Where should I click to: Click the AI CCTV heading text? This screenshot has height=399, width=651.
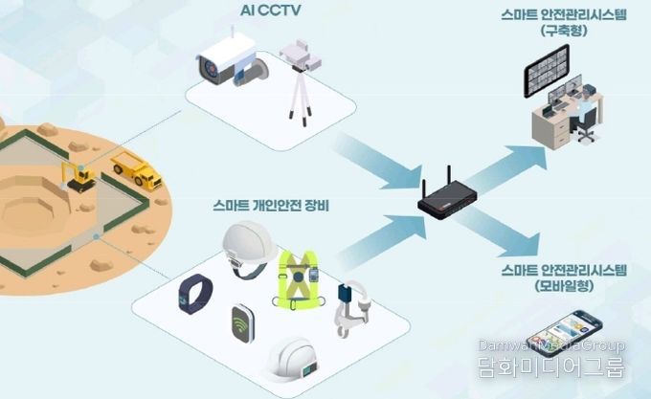click(x=270, y=11)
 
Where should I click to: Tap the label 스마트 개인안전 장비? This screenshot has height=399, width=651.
click(x=271, y=206)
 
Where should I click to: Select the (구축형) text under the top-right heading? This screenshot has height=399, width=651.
click(x=564, y=31)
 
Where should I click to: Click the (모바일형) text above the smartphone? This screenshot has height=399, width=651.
click(x=563, y=286)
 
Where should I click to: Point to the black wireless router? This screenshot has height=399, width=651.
click(x=448, y=198)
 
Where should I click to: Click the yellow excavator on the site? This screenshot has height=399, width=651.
click(x=79, y=176)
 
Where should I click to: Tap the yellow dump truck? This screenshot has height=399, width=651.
click(x=137, y=170)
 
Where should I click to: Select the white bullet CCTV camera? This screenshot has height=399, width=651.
click(x=232, y=61)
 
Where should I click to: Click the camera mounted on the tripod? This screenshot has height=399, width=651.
click(x=301, y=55)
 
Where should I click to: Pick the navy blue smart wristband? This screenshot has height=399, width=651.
click(x=195, y=294)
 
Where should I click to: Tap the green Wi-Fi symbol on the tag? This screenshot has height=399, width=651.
click(x=241, y=323)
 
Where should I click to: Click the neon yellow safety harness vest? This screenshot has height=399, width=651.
click(x=298, y=280)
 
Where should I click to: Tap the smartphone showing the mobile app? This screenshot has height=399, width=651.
click(x=563, y=332)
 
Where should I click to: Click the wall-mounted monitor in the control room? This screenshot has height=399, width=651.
click(x=547, y=70)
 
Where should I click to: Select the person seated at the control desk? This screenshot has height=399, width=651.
click(x=585, y=109)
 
